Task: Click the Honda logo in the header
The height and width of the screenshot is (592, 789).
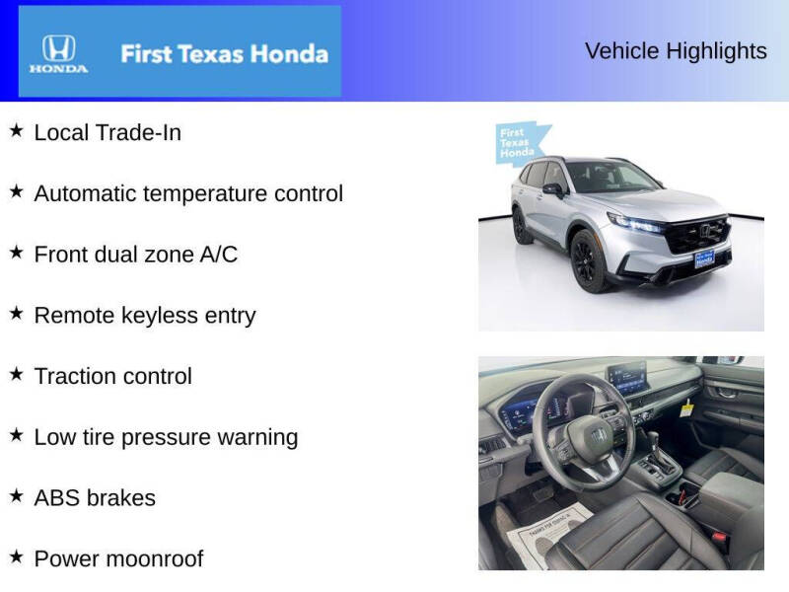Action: point(58,53)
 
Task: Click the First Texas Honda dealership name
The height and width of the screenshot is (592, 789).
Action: point(224,53)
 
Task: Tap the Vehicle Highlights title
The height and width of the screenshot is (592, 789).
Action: point(676,51)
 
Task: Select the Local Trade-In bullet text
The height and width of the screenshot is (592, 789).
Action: point(108,132)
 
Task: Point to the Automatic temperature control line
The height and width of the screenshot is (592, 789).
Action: point(188,193)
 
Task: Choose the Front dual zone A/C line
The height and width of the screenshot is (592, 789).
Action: point(135,255)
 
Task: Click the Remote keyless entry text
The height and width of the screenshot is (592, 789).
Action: point(145,316)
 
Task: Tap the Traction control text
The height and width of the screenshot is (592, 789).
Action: point(112,376)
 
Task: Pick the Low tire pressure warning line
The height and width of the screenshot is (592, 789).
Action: point(166,437)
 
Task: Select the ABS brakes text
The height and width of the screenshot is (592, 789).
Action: point(95,498)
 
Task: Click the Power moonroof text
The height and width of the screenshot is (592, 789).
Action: point(118,559)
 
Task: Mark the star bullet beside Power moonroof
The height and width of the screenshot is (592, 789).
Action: point(16,557)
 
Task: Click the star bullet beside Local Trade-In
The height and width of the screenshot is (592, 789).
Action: point(16,130)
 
